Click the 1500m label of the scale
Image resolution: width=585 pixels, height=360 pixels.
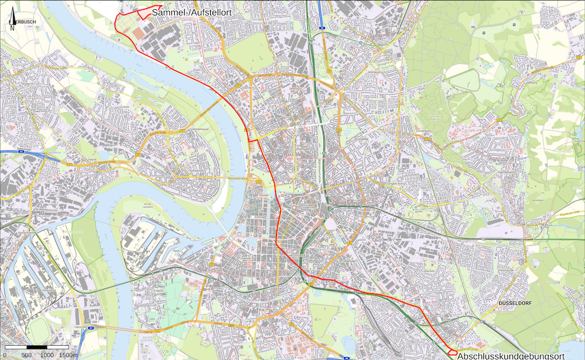coord(68,355)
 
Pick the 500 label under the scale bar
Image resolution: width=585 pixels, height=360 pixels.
coord(26,355)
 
